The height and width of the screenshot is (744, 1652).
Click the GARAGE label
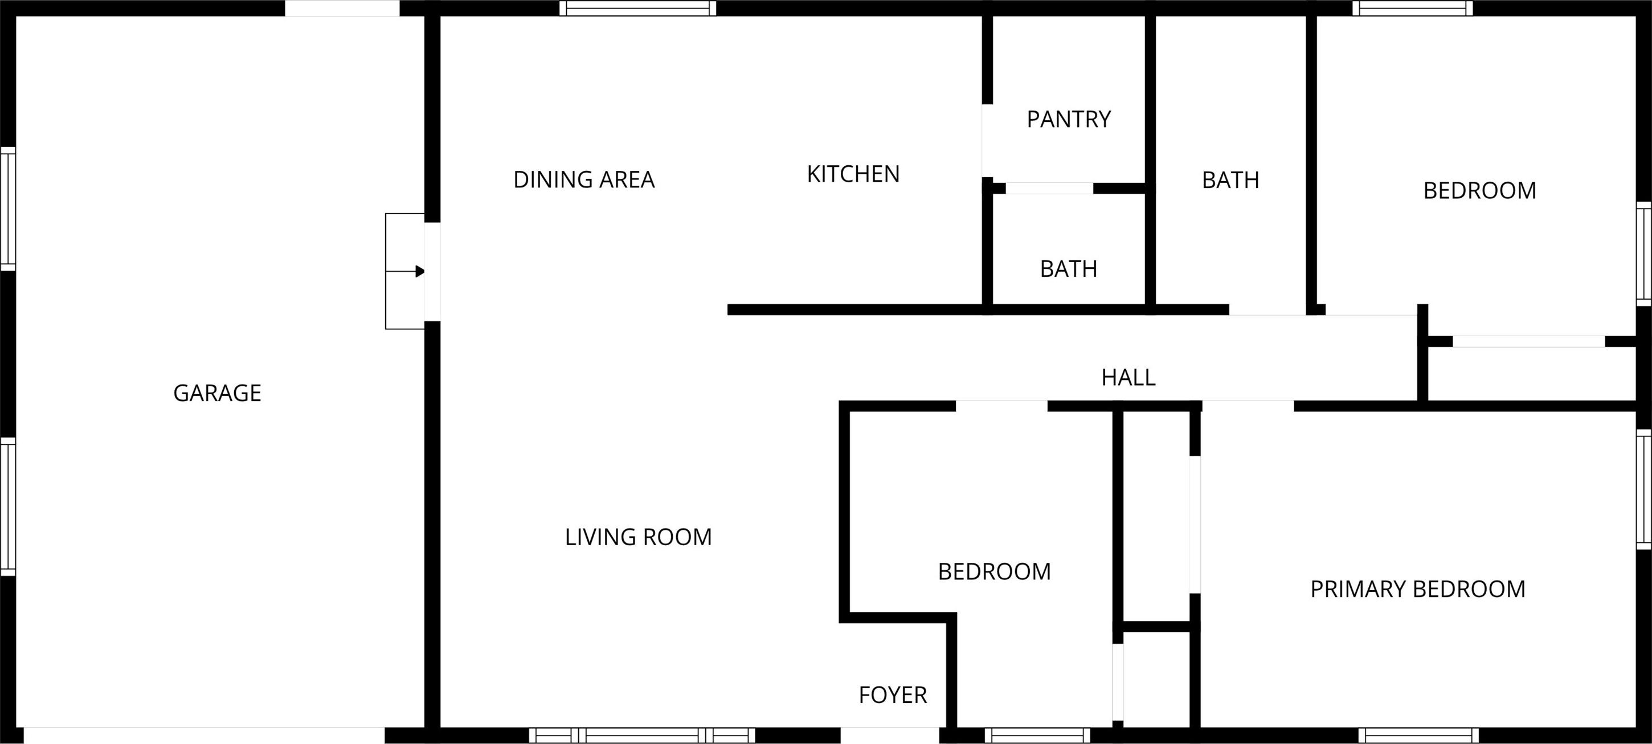[x=218, y=393]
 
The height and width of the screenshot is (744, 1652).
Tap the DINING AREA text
[x=584, y=179]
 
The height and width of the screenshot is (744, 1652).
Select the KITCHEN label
[x=853, y=174]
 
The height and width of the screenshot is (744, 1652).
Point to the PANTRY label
[x=1069, y=119]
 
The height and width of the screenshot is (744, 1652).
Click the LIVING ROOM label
[x=638, y=537]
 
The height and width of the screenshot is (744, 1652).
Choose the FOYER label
[x=893, y=695]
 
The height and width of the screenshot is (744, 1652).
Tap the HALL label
[x=1128, y=378]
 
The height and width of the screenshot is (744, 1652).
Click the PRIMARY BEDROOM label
[x=1417, y=590]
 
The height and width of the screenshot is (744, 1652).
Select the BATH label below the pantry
[x=1069, y=269]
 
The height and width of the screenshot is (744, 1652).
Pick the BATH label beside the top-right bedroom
[x=1230, y=180]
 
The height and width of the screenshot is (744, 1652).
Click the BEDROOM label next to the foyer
[x=994, y=572]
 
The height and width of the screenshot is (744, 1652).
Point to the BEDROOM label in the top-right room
[x=1479, y=190]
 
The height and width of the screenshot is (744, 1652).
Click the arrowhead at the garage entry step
[x=420, y=271]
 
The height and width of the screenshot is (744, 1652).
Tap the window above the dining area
[x=638, y=9]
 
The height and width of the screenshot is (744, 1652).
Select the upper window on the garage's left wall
[x=8, y=209]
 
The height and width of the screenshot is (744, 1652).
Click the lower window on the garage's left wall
[x=8, y=506]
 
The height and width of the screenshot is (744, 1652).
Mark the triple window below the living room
[x=642, y=735]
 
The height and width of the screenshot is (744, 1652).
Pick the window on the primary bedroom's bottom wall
[x=1418, y=735]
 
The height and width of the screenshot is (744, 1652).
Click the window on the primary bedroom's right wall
[x=1643, y=489]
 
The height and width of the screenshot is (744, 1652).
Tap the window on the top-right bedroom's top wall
[x=1413, y=9]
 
